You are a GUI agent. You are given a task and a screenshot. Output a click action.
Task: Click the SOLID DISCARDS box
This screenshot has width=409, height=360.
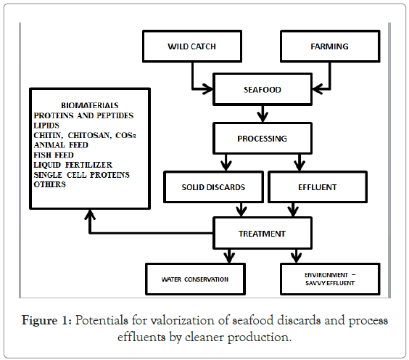click(213, 187)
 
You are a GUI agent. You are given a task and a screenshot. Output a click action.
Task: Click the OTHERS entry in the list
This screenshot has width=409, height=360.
click(51, 184)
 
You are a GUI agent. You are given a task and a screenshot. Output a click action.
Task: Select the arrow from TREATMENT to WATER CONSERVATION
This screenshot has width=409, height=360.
click(231, 255)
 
